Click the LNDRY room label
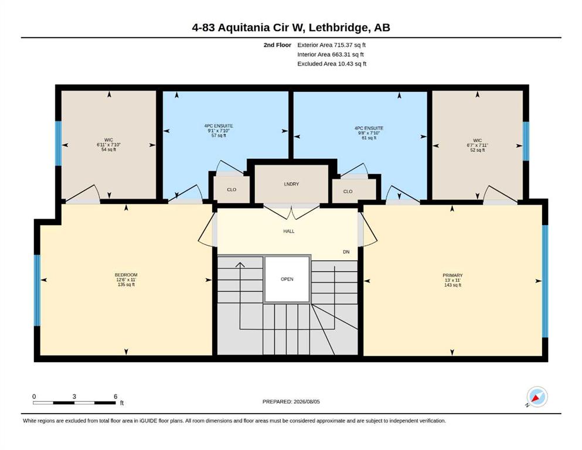tap(291, 184)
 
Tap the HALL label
tap(289, 231)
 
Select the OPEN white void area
tap(287, 279)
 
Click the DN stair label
tap(346, 252)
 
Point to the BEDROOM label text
tap(126, 275)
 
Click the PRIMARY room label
tap(452, 275)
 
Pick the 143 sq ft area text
tap(452, 285)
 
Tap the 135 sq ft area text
tap(126, 285)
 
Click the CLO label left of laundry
tap(232, 190)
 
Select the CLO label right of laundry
tap(348, 192)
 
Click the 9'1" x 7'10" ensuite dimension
tap(219, 131)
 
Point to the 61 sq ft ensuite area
tap(369, 138)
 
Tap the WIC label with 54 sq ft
tap(109, 140)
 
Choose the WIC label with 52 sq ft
tap(477, 141)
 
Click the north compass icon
tap(537, 397)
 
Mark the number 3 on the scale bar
tap(74, 396)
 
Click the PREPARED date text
tap(291, 401)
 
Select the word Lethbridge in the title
tap(339, 28)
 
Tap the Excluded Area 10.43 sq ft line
tap(332, 64)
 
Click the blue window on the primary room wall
tap(545, 281)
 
